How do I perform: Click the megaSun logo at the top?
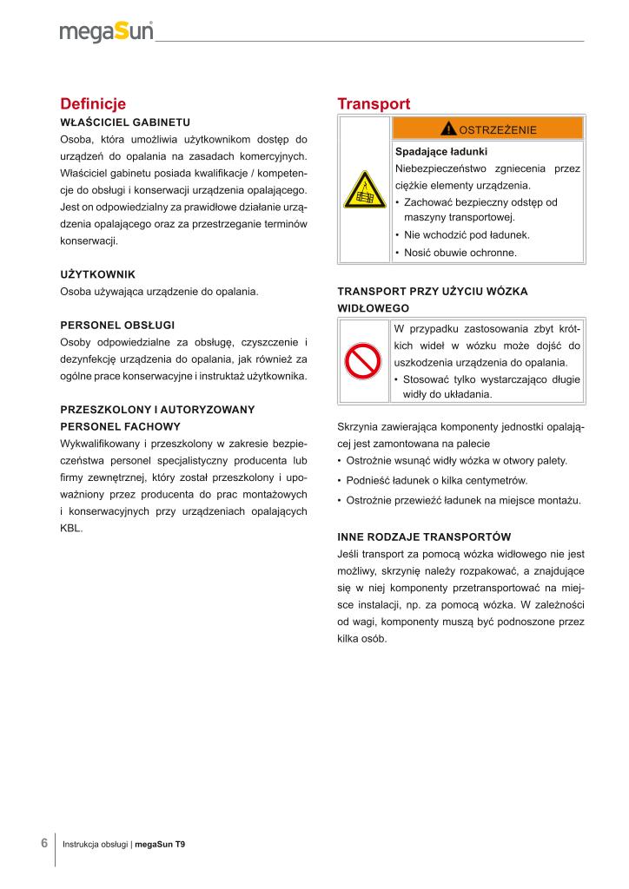pos(106,32)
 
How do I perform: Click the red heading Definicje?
pos(93,104)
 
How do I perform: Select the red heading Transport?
pos(374,104)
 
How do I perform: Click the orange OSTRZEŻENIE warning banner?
pos(488,129)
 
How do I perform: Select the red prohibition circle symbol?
pos(363,360)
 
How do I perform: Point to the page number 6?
pos(43,843)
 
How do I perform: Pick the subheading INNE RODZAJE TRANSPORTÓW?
pos(423,537)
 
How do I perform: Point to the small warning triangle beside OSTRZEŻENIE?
pos(448,129)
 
